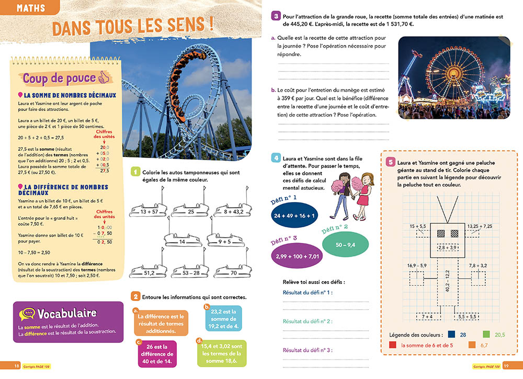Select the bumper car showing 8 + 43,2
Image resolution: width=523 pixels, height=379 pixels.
230,211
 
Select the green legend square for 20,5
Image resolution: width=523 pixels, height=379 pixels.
486,334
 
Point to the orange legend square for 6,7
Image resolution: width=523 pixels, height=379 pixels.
472,345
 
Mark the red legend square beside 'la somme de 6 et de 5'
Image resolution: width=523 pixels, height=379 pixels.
393,345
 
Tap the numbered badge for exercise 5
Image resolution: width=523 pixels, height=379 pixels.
390,162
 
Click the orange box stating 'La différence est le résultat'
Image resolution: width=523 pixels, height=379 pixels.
161,324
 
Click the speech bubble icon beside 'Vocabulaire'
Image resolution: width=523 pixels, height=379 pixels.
27,314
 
